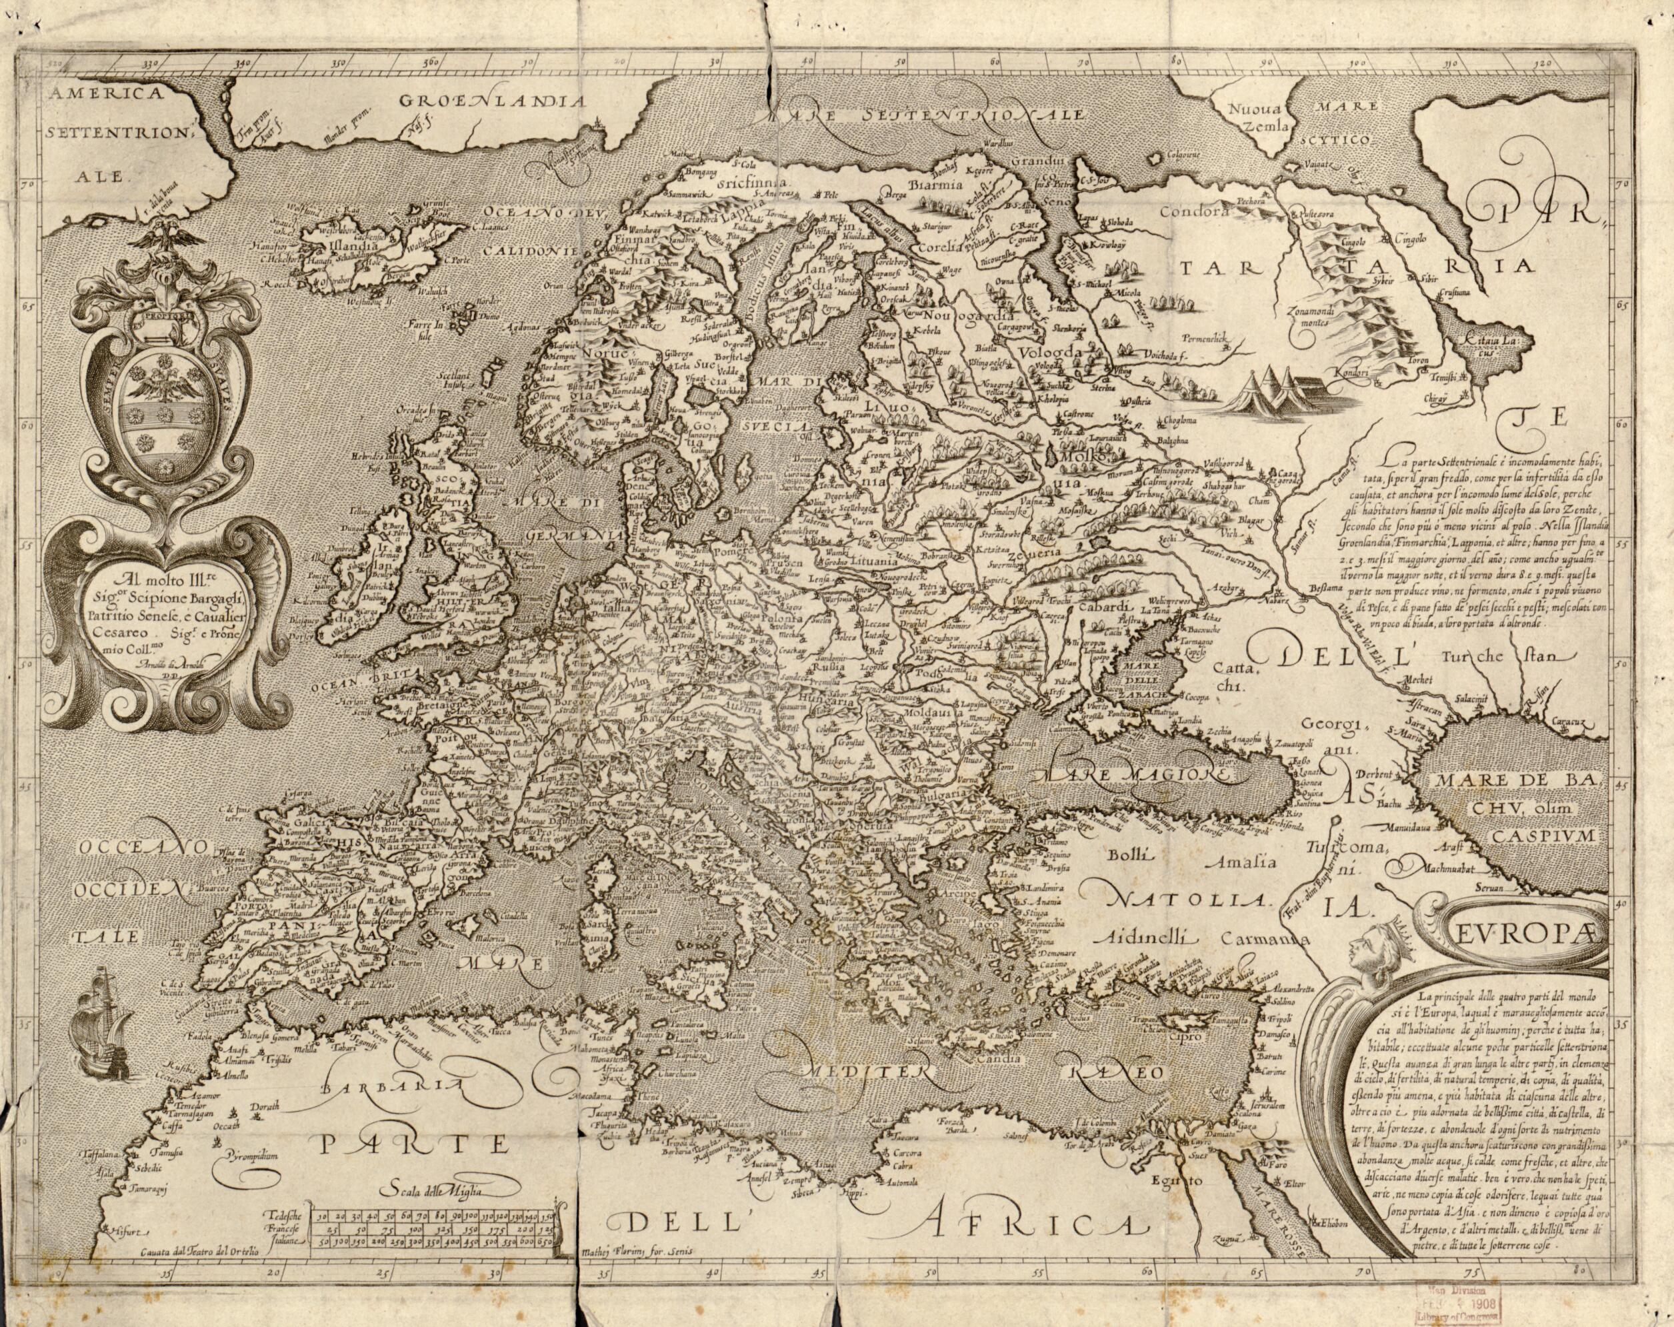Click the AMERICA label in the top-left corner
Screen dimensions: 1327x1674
point(103,95)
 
